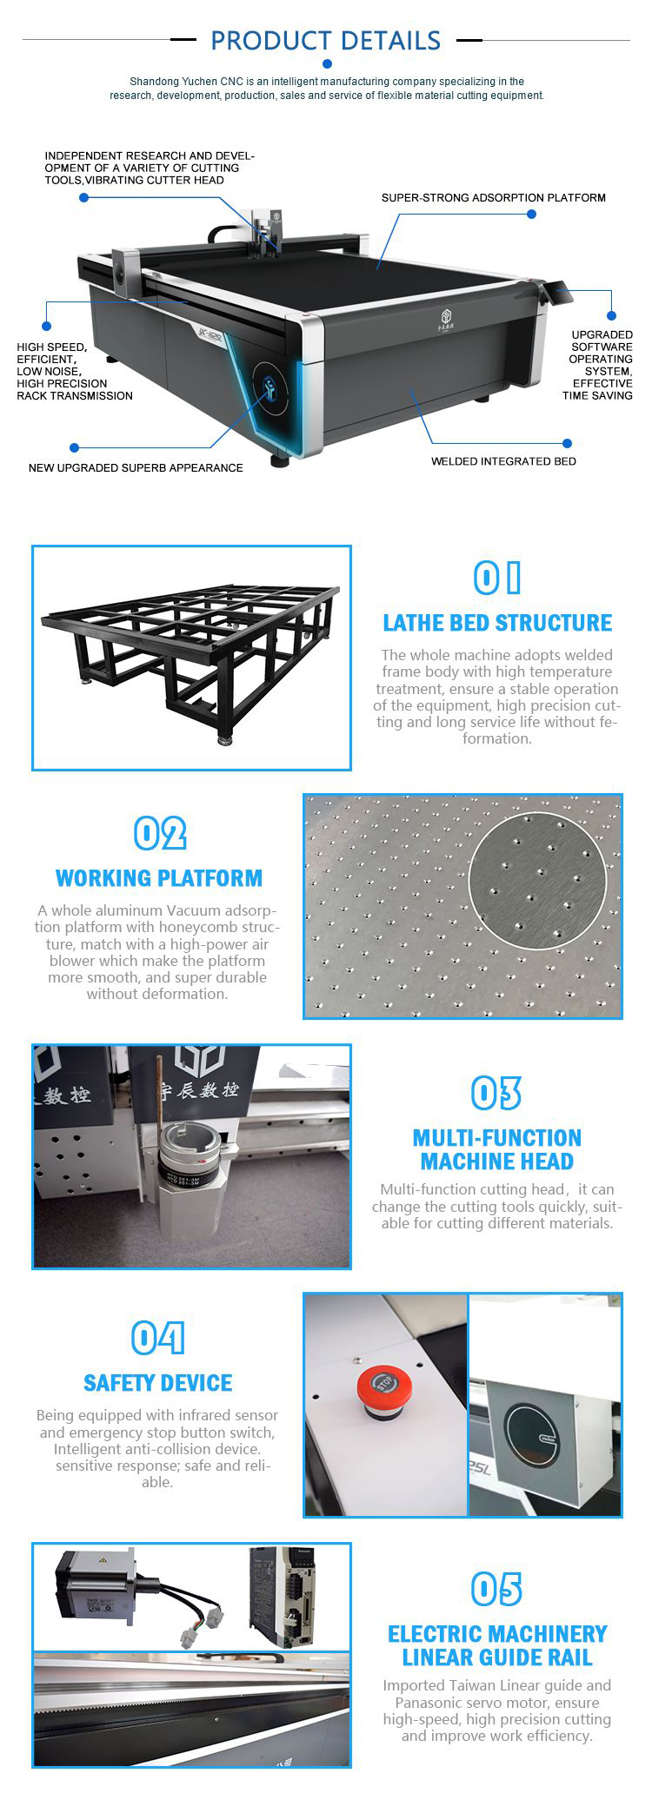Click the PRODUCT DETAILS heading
pos(325,41)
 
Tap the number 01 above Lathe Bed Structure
pos(497,578)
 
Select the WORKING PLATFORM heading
pos(159,878)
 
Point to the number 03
pos(496,1094)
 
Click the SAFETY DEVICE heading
pos(158,1383)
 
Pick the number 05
pos(496,1590)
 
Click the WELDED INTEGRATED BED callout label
pos(503,461)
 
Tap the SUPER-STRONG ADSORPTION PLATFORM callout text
pos(493,198)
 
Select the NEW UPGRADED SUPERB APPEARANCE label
pos(136,467)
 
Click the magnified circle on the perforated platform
pos(537,880)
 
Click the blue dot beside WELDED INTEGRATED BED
pos(567,444)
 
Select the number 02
pos(160,834)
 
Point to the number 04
pos(157,1339)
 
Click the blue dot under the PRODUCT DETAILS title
pos(327,63)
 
